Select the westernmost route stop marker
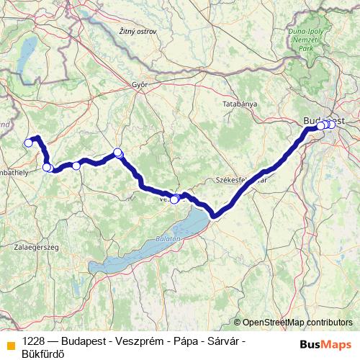29,143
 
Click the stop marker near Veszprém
174,199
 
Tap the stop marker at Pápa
118,153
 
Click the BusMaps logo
326,344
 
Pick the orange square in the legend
10,345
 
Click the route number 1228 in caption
34,340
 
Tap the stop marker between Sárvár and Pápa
76,166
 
